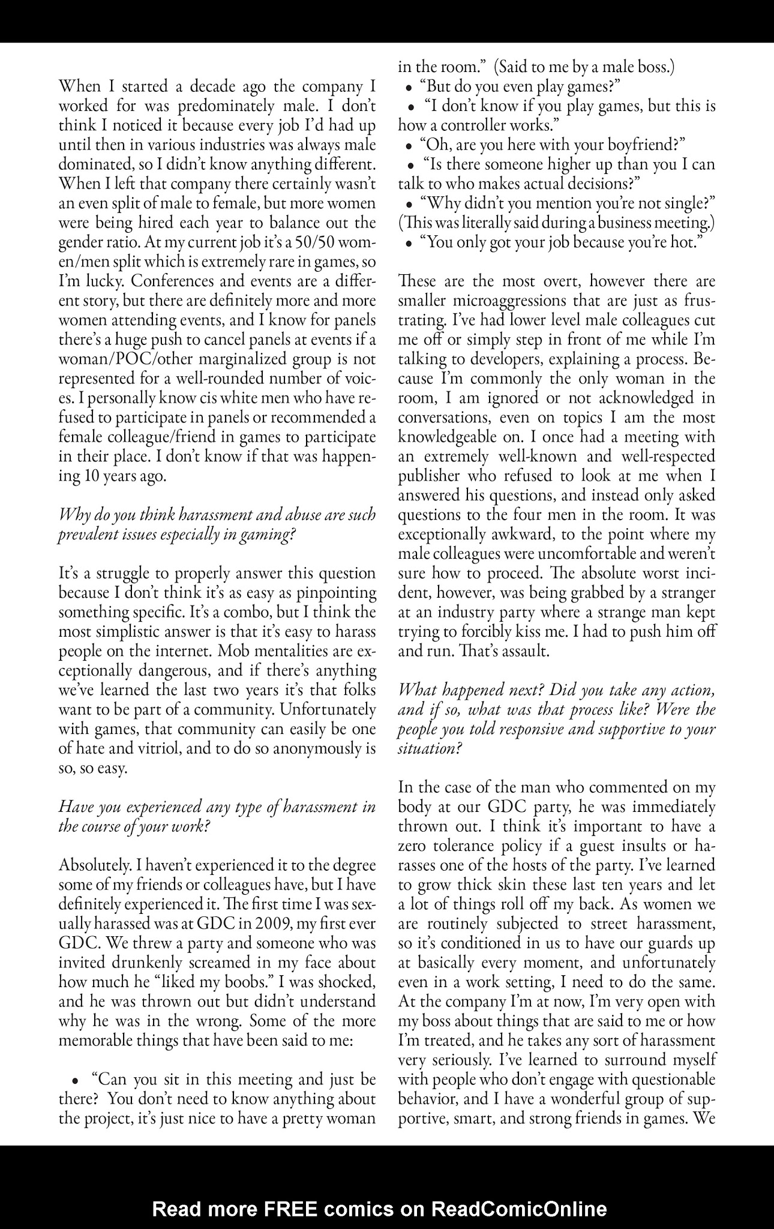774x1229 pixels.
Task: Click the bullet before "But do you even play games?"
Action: coord(409,88)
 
